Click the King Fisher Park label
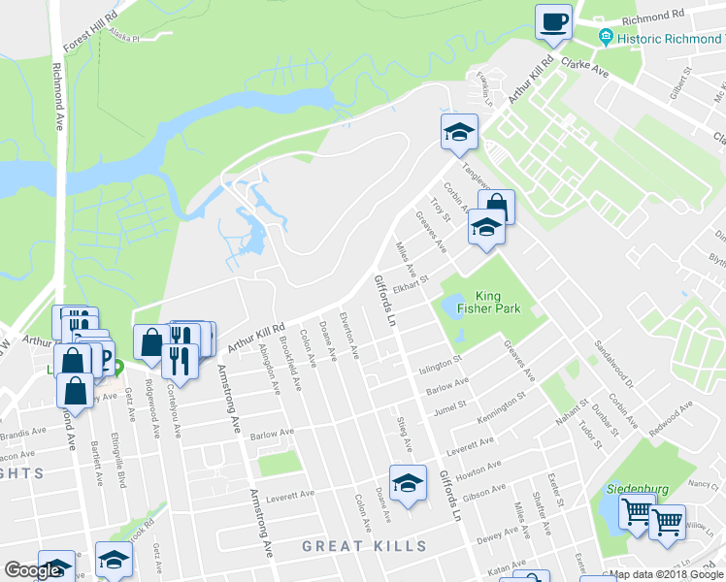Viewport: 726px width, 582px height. point(497,303)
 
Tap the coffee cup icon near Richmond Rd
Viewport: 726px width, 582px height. point(553,22)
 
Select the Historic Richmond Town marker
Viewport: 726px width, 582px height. point(606,38)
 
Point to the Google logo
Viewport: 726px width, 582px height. point(32,570)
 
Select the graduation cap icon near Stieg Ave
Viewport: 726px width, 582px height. point(409,483)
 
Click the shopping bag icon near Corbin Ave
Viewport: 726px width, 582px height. point(496,207)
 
